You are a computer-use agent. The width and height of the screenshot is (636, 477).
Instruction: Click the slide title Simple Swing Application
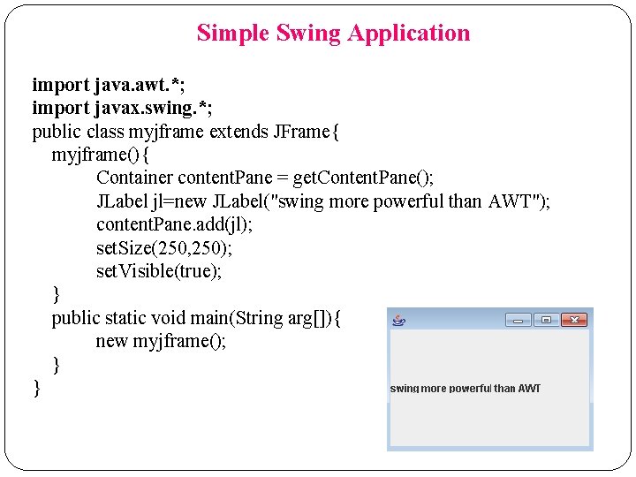click(x=333, y=34)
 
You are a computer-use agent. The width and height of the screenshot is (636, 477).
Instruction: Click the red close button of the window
click(x=574, y=320)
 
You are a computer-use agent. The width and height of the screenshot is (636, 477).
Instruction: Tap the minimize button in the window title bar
click(x=519, y=320)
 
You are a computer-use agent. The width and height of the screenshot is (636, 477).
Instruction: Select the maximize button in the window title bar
click(x=546, y=320)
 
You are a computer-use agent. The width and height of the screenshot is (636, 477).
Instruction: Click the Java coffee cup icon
click(x=398, y=320)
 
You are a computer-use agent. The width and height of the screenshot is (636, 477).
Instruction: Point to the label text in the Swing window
click(x=465, y=389)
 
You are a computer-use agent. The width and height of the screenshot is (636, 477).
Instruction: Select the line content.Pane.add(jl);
click(x=174, y=224)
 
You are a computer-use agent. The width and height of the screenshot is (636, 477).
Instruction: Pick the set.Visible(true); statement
click(x=159, y=270)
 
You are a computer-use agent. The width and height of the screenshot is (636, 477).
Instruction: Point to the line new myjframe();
click(x=161, y=341)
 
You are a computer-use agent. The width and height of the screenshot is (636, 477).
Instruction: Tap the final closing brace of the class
click(x=36, y=387)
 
